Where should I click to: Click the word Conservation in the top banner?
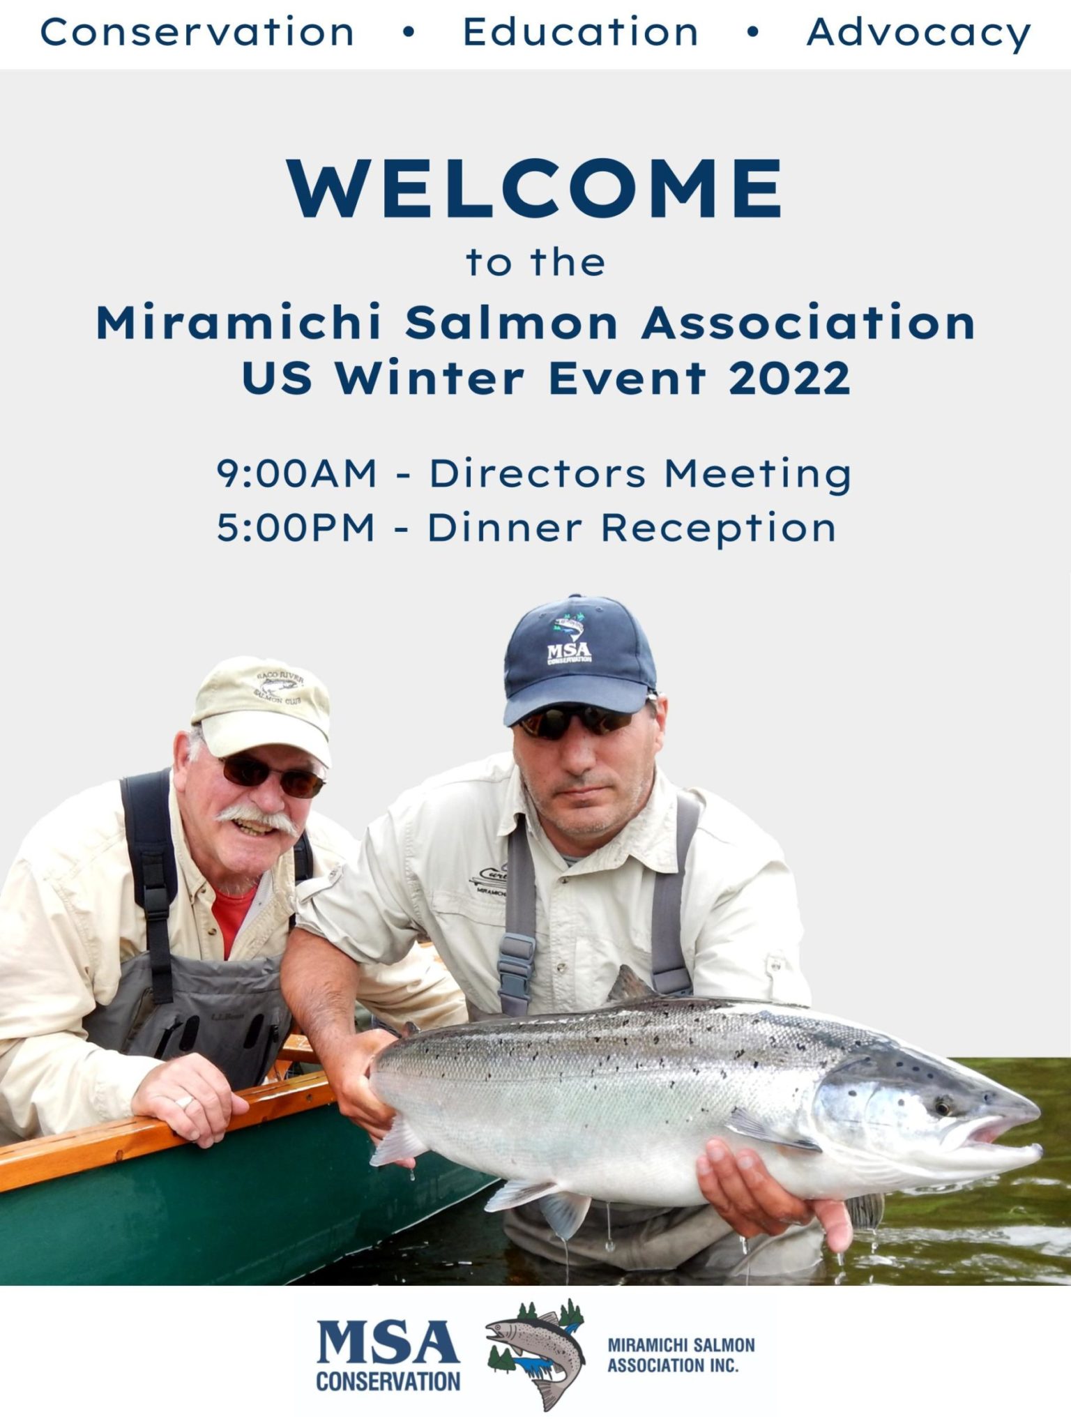pos(197,33)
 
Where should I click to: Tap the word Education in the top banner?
pos(580,33)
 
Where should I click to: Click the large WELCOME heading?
pos(535,189)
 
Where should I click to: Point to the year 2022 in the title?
pos(789,379)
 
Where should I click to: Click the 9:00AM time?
pos(296,473)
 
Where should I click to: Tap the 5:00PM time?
pos(296,527)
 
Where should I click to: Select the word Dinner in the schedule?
pos(504,527)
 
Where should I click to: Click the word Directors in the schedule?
pos(537,473)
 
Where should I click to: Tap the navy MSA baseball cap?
pos(578,658)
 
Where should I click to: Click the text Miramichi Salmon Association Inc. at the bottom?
pos(681,1355)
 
